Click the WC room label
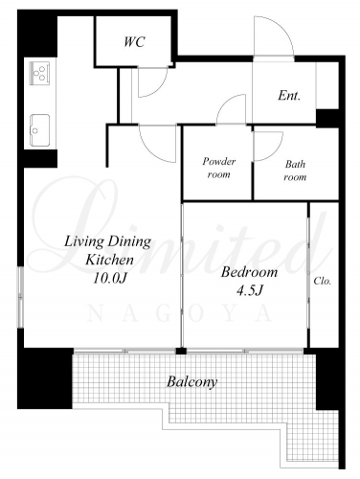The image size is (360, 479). [134, 42]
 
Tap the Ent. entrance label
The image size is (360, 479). [289, 95]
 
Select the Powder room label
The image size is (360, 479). [219, 168]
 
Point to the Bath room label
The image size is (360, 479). [295, 171]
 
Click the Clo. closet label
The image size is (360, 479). [323, 281]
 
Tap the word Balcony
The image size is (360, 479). [192, 382]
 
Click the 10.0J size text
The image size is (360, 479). [110, 279]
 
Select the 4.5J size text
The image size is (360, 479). [250, 290]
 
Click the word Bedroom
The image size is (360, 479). [249, 272]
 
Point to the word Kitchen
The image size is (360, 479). [109, 260]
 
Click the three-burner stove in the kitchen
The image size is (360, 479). [40, 73]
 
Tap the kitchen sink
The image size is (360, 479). [39, 130]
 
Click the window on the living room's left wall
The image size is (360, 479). [20, 297]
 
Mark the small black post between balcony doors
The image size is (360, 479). [181, 352]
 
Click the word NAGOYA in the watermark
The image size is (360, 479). [180, 314]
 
